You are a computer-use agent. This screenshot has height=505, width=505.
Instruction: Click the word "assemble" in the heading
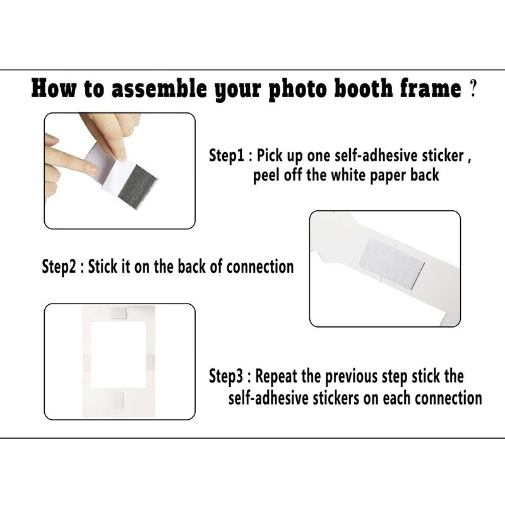(159, 88)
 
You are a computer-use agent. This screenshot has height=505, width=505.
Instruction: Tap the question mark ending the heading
(473, 88)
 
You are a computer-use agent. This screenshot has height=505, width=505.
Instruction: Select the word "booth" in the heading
(364, 88)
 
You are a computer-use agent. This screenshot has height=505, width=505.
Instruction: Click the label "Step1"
(227, 155)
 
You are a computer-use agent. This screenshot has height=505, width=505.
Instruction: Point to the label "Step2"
(59, 267)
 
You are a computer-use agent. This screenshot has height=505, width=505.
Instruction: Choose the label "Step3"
(226, 376)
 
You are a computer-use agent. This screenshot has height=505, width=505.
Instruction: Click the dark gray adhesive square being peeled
(138, 187)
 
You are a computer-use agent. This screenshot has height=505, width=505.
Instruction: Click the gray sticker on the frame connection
(391, 263)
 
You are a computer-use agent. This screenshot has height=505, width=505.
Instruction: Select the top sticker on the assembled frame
(118, 312)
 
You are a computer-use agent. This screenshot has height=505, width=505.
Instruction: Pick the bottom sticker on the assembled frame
(119, 400)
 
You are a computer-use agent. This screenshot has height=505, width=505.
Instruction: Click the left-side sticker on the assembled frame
(87, 362)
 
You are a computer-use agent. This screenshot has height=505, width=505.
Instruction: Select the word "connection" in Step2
(260, 267)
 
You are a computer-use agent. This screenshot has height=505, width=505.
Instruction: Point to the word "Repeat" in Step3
(276, 376)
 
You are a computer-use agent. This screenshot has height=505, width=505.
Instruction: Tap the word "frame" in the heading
(431, 88)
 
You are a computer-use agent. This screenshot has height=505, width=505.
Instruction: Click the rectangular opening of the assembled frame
(118, 355)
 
